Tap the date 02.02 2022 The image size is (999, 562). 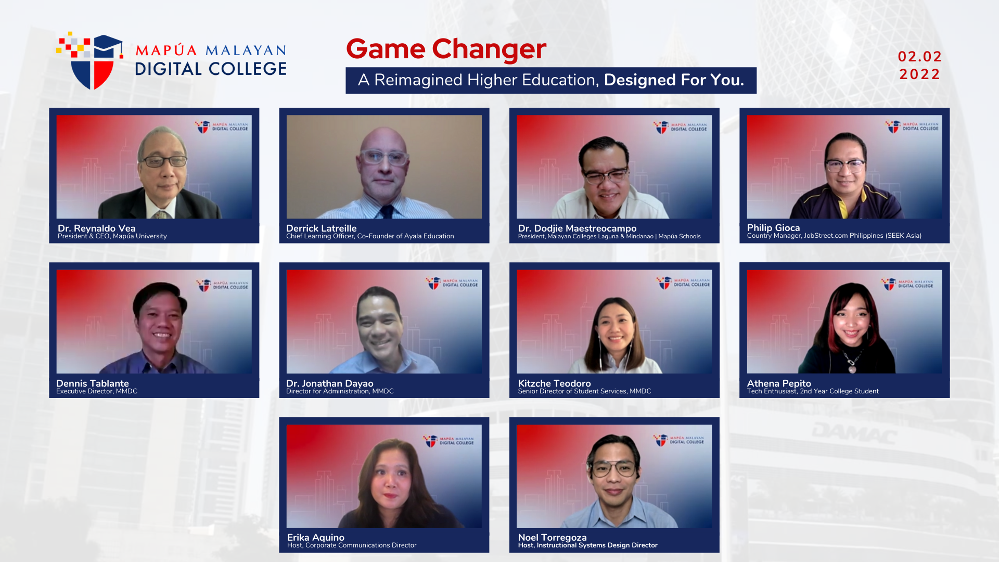pos(920,66)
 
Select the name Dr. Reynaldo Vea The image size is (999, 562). pos(97,228)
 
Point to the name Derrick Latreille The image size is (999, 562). pos(321,228)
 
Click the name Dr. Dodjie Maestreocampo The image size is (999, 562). pos(577,228)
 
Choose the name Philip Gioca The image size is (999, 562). pos(773,228)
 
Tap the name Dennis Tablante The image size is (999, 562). pos(93,384)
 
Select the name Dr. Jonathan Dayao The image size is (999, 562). pos(330,384)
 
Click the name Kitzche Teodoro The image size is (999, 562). pos(554,384)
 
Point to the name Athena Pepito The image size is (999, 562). pos(779,384)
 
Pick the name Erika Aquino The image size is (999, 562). pos(316,538)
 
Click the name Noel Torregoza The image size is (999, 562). pos(552,538)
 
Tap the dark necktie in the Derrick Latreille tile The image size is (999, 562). pos(386,212)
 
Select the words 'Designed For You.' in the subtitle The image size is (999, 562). pos(674,80)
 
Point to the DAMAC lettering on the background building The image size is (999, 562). pos(853,433)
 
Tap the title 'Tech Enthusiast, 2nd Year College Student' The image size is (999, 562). pos(813,391)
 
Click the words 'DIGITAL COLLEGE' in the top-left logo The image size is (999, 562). pos(211,69)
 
